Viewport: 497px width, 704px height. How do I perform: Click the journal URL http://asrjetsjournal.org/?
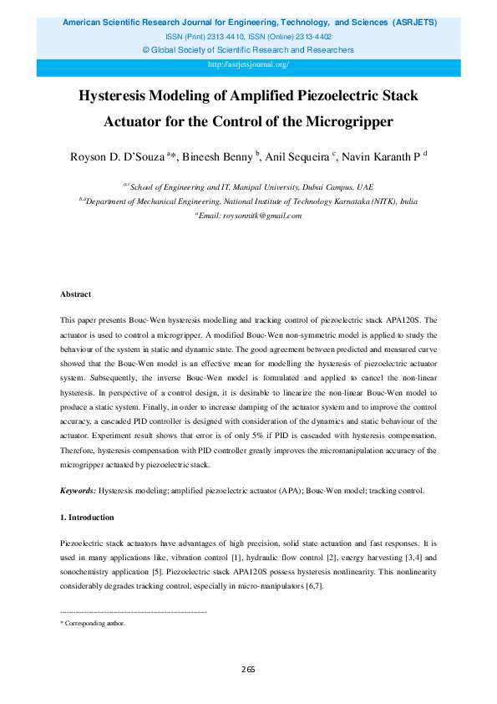click(x=248, y=64)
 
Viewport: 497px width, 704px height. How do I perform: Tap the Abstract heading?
click(x=75, y=294)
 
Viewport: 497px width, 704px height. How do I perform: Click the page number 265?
click(x=248, y=669)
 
